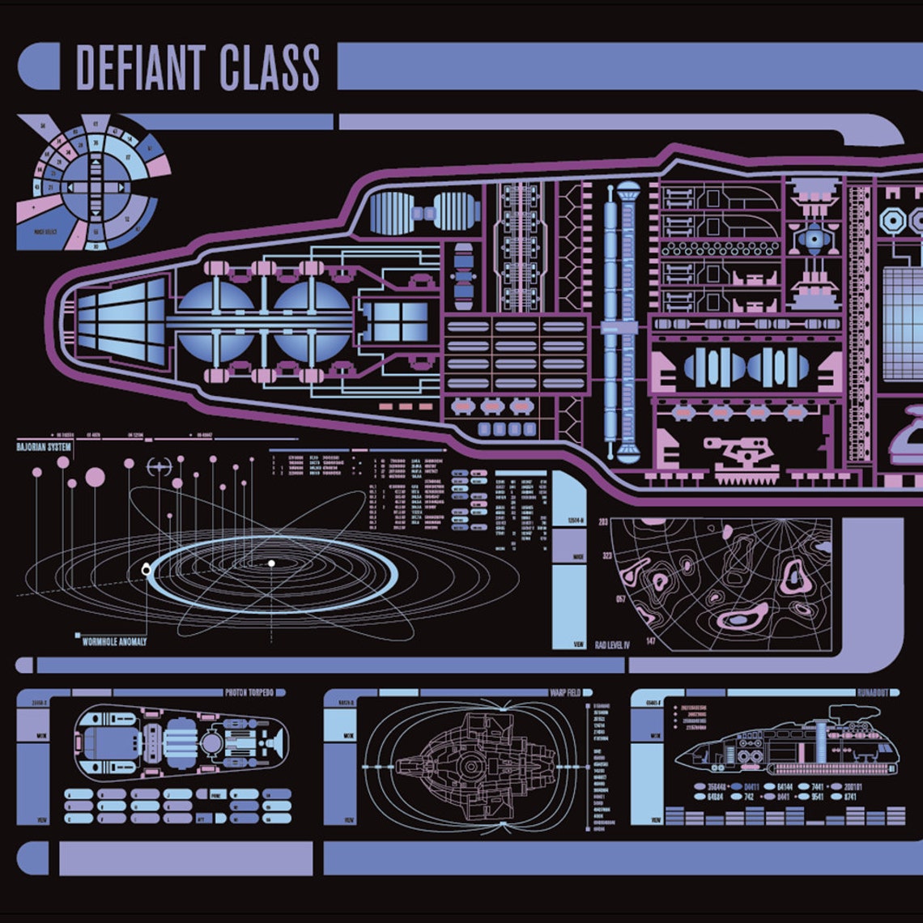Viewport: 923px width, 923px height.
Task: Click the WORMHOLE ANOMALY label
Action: pos(114,641)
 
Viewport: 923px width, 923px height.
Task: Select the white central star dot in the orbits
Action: pos(271,563)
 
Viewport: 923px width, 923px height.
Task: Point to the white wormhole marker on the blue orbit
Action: pos(146,570)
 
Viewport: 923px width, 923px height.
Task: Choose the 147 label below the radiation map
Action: pos(650,641)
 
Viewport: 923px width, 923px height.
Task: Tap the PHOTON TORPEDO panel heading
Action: pos(254,693)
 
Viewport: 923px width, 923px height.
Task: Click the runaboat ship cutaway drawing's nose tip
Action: pos(678,762)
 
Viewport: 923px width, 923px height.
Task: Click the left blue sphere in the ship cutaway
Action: pos(215,321)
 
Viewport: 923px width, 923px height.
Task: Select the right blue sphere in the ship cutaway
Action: pos(310,321)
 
